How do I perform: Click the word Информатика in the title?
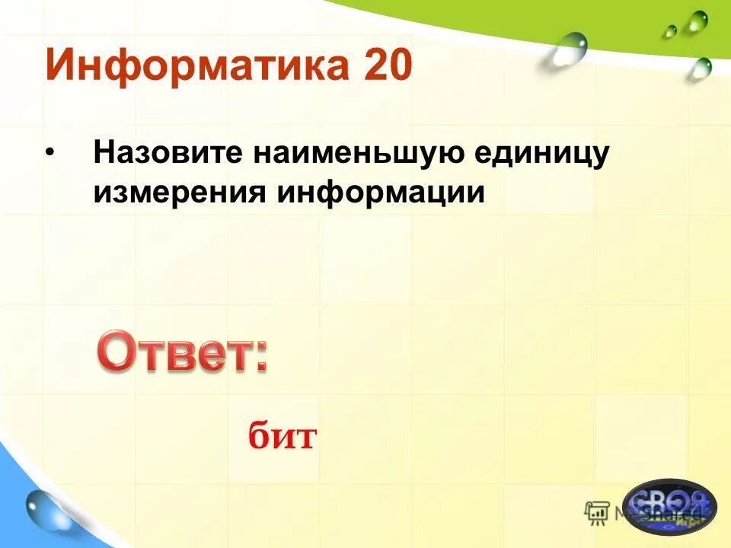pos(190,65)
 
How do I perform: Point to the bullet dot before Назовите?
pos(50,153)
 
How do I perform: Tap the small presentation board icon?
pos(596,513)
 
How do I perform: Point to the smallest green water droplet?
pos(669,32)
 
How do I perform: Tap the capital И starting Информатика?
pos(62,65)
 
